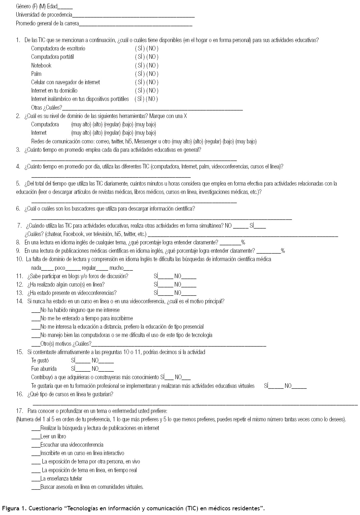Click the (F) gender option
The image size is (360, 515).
(x=35, y=6)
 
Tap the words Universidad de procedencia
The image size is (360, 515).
(x=44, y=15)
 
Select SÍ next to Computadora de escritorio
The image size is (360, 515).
(x=140, y=48)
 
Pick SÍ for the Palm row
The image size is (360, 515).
(x=140, y=74)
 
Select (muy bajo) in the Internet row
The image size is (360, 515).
(x=145, y=133)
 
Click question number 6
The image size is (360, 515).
(x=18, y=209)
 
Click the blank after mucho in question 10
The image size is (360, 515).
(x=128, y=269)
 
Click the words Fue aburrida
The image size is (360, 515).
(x=44, y=369)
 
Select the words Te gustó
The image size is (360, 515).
(x=40, y=360)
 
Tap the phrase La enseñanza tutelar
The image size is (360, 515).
(x=61, y=479)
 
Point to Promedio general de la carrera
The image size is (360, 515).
(x=47, y=23)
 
